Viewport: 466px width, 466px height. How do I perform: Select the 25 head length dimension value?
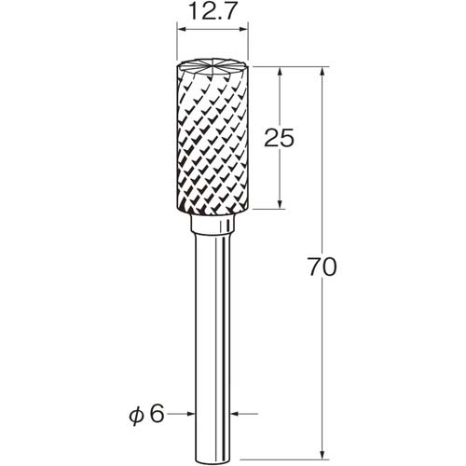point(279,138)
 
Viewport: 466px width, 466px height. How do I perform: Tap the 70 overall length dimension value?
point(322,267)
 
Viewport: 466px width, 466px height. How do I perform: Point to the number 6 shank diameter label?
point(156,414)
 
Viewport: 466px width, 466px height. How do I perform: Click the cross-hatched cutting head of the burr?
point(212,137)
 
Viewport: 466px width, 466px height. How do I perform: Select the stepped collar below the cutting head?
point(212,224)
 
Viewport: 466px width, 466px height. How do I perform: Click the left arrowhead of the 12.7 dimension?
point(181,30)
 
